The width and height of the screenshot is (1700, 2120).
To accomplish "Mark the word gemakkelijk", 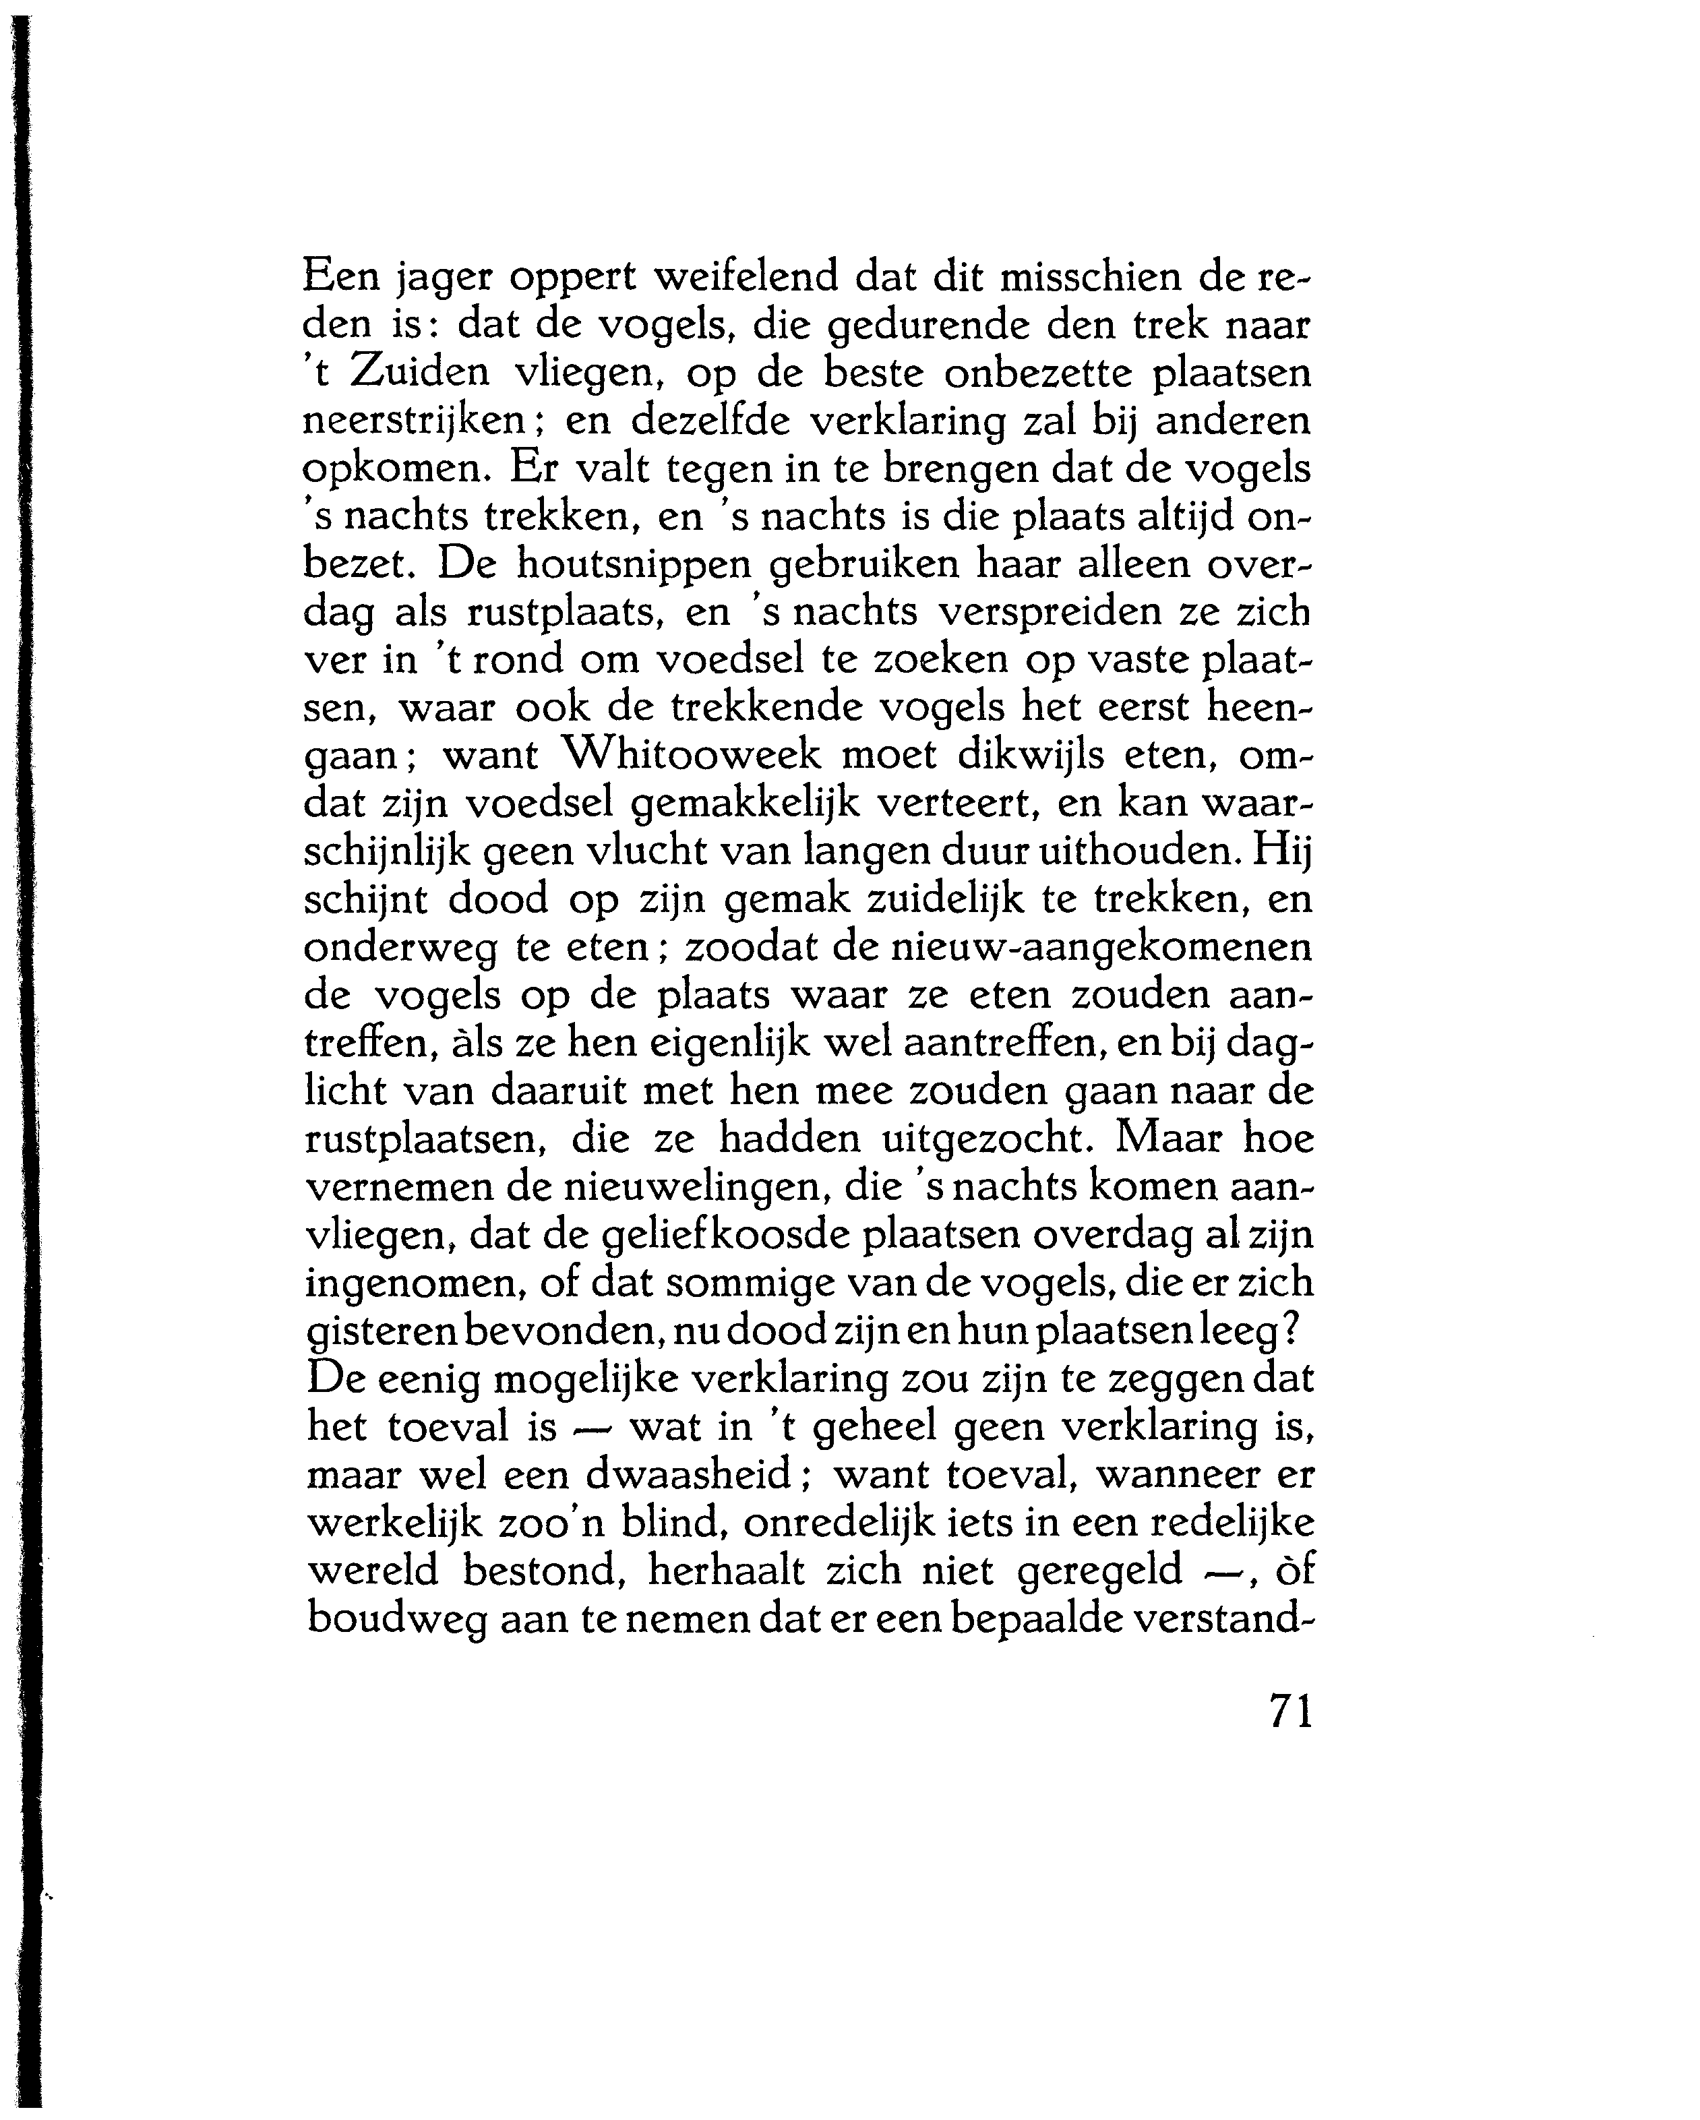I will click(x=746, y=804).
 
